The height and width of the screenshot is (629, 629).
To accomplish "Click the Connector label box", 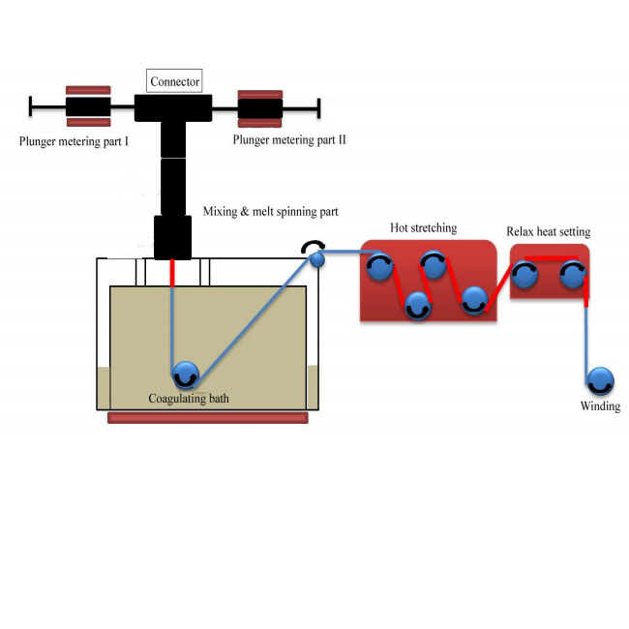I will click(175, 81).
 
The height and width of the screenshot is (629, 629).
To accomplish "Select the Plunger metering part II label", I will click(289, 140).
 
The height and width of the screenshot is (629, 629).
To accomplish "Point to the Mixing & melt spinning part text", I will click(270, 210).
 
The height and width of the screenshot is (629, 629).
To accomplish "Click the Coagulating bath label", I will click(190, 399).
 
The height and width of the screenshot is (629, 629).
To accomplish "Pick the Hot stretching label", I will click(423, 228).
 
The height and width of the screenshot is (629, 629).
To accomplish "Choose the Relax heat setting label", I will click(548, 232).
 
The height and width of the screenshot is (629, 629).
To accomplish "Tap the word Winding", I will click(600, 406).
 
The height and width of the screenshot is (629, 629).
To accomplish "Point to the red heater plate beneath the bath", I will click(208, 418).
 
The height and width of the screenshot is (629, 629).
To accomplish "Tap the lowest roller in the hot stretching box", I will click(417, 307).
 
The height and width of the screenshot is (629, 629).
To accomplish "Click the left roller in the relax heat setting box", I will click(525, 275).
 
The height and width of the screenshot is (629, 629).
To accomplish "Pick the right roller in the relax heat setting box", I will click(574, 275).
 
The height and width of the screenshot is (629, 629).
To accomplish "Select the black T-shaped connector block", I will click(174, 107).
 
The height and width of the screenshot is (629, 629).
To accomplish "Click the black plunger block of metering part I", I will click(88, 106).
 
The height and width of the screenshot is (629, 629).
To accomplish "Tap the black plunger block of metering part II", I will click(260, 108).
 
